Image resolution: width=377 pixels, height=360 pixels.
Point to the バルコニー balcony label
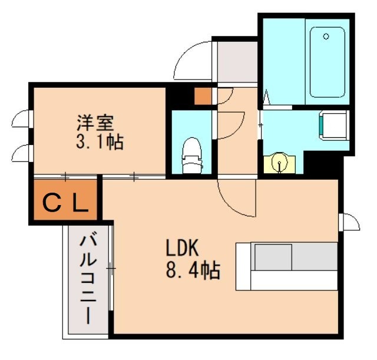point(88,279)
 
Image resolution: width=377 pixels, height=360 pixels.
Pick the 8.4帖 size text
point(193,270)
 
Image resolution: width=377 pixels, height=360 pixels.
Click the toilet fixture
point(191,154)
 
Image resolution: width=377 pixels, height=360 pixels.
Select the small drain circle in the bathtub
point(326,37)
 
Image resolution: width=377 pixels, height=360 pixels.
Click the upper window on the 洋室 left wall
point(20,120)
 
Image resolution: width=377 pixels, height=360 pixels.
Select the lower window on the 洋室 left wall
point(20,153)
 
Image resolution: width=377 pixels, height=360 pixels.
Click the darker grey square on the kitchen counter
point(272,258)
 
